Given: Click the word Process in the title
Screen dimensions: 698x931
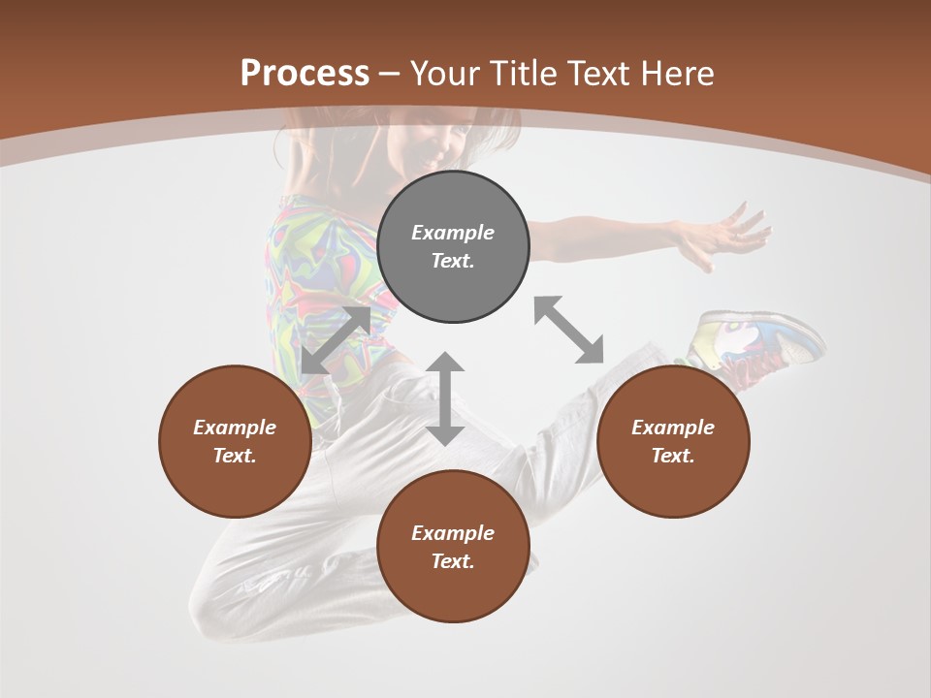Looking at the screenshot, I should (x=305, y=74).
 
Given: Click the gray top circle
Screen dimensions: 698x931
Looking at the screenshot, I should (x=453, y=246).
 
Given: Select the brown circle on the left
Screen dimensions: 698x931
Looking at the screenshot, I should (x=235, y=441).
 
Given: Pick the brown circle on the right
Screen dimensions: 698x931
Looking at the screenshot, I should (x=673, y=441).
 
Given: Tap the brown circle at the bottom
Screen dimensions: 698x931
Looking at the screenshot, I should (x=453, y=547).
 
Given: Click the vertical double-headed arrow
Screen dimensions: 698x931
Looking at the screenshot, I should (x=445, y=398).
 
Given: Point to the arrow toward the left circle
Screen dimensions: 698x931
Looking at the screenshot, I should (x=336, y=340).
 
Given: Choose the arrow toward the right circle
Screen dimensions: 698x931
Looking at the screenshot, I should (x=568, y=330).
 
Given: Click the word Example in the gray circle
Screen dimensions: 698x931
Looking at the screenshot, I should (x=453, y=233).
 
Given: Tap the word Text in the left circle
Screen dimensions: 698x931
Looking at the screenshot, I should (x=235, y=456).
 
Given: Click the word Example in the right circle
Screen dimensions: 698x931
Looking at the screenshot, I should (x=673, y=428).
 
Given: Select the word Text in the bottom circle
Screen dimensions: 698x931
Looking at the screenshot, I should (x=453, y=561).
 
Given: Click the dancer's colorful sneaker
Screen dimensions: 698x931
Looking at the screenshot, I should (x=756, y=339).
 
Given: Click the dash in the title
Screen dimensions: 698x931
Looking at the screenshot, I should (x=390, y=74).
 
